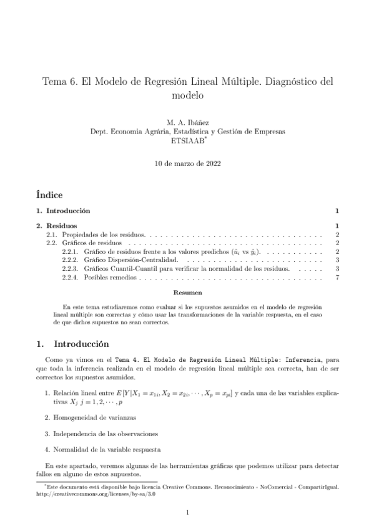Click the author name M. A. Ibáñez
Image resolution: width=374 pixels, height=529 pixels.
pos(187,123)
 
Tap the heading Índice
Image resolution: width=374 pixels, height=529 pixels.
pos(49,195)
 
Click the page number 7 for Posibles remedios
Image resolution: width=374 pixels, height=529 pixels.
pos(337,278)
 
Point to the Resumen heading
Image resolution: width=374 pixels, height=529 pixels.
pos(187,293)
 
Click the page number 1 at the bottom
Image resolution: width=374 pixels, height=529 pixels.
pos(187,512)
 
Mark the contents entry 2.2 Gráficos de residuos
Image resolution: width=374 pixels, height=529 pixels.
pos(88,243)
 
